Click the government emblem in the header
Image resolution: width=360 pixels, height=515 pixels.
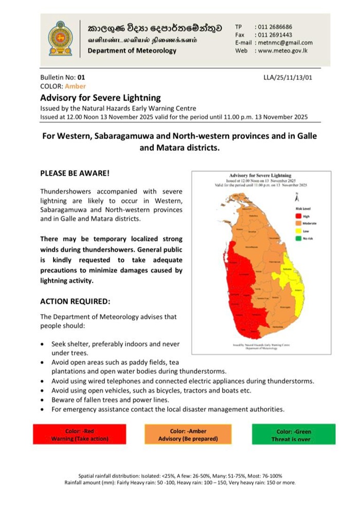60,39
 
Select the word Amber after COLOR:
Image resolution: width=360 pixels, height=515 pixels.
76,86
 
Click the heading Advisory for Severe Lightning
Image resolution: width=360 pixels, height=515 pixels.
100,98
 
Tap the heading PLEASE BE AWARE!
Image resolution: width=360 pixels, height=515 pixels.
75,173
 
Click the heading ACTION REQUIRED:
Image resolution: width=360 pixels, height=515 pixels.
75,301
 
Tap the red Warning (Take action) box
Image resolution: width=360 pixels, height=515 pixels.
79,435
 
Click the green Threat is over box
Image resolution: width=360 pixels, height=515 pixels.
294,435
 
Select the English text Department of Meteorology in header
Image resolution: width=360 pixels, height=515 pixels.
132,51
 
